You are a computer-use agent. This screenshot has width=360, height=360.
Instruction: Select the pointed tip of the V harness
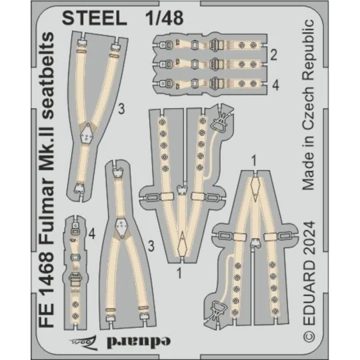click(x=181, y=239)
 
